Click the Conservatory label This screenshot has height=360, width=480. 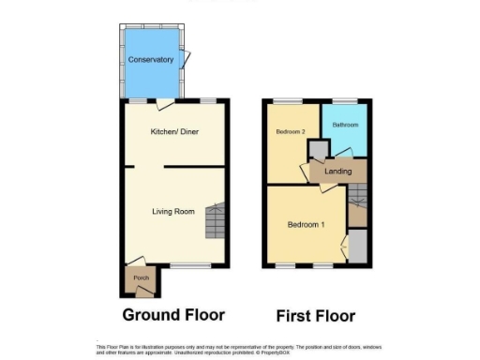151,60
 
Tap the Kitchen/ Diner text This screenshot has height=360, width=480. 173,131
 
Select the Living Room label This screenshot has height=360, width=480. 173,212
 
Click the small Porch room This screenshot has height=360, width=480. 141,278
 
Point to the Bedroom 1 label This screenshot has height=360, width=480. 306,225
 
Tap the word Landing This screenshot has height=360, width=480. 337,172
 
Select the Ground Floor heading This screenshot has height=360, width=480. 173,315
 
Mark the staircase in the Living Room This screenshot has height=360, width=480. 217,220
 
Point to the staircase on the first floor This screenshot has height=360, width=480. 357,198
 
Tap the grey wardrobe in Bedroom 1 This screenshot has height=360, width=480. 357,248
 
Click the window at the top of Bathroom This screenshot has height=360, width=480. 344,100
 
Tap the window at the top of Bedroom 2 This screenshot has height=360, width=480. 287,100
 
